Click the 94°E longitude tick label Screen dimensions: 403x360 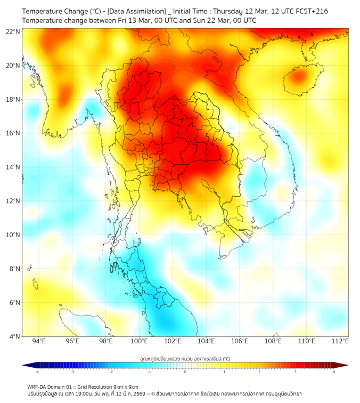[39, 341]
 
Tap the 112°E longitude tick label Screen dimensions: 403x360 [340, 341]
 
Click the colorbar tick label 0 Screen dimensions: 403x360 [185, 372]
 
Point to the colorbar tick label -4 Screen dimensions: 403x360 [36, 372]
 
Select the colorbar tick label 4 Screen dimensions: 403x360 [334, 372]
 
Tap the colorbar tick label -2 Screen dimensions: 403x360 [110, 372]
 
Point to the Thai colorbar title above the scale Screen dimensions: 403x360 [185, 359]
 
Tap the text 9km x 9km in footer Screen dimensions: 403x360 [125, 386]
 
